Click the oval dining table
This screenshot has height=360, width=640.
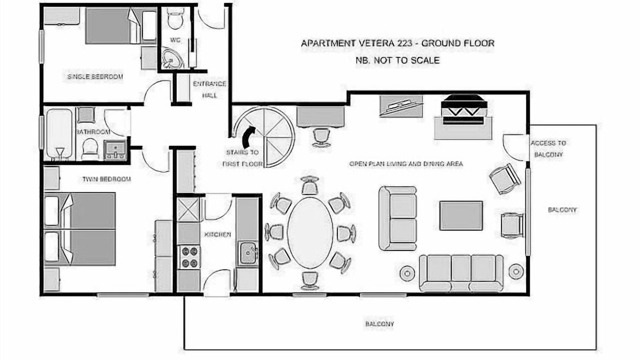click(310, 233)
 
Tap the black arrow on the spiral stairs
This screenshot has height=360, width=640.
click(247, 137)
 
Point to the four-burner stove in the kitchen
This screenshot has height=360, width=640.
click(189, 257)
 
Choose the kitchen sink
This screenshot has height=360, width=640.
click(247, 253)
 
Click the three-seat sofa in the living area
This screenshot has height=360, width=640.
click(461, 273)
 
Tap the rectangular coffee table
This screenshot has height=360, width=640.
click(461, 215)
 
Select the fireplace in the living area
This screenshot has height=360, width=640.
click(463, 110)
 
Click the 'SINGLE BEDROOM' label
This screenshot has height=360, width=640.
click(95, 76)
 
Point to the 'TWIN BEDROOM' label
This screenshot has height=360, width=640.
click(106, 179)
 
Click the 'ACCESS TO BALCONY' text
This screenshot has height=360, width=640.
click(548, 149)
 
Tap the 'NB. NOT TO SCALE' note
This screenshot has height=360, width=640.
click(397, 60)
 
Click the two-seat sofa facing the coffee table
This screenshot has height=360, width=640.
click(397, 218)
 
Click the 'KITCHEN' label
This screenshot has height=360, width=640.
click(217, 234)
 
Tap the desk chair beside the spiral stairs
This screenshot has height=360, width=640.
click(321, 137)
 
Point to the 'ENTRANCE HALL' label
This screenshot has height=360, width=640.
click(209, 89)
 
